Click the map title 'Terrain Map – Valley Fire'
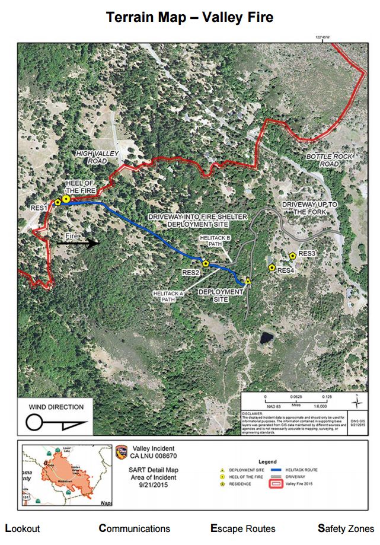tap(190, 18)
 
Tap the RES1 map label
tap(39, 208)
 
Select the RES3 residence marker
tap(293, 256)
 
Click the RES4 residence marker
tap(272, 268)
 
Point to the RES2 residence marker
tap(206, 263)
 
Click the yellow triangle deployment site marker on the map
tap(248, 281)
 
